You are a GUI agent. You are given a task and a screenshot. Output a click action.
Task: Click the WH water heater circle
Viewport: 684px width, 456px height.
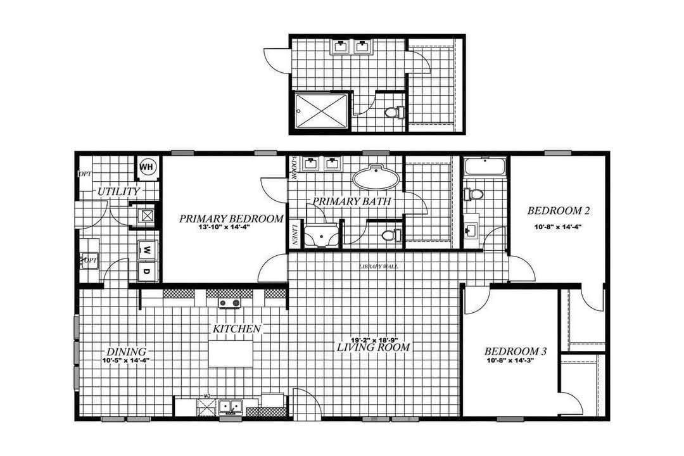(x=147, y=167)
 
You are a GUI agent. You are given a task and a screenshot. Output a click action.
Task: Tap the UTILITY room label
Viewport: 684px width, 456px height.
(x=118, y=191)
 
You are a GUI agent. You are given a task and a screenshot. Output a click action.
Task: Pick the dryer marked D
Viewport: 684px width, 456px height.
(x=146, y=272)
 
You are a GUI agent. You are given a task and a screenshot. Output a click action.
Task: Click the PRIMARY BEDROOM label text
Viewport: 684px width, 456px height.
(x=231, y=219)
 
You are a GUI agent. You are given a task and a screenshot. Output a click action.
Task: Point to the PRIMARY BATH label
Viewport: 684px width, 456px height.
(x=350, y=202)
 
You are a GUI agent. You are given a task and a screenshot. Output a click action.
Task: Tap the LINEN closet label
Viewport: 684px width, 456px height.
(x=295, y=234)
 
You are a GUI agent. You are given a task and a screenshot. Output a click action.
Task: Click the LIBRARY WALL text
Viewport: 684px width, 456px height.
(x=378, y=267)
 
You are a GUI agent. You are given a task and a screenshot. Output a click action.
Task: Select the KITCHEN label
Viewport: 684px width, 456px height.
(x=236, y=329)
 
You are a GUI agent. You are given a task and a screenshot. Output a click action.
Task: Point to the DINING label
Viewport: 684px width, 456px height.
(x=125, y=352)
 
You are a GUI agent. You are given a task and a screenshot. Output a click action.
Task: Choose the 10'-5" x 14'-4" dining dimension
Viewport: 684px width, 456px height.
(x=125, y=361)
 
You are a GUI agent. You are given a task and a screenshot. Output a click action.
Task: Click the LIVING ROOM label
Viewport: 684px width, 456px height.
(x=373, y=348)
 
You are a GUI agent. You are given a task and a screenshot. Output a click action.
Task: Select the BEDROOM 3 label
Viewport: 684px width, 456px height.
(x=511, y=352)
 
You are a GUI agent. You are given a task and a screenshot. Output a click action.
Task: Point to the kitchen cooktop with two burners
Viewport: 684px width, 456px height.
(x=230, y=303)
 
